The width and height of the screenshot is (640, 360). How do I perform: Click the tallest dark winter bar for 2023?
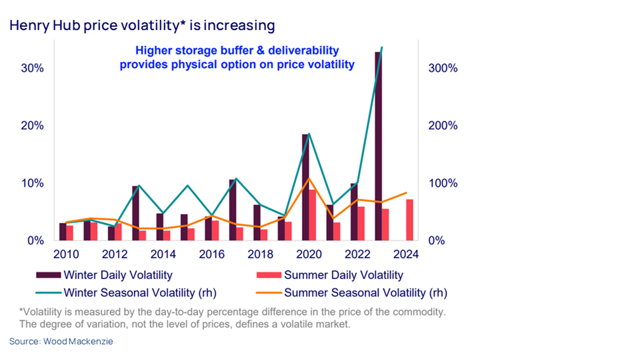click(x=378, y=146)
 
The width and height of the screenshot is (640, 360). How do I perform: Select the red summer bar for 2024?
click(x=410, y=220)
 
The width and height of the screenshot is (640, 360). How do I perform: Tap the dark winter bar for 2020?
click(x=305, y=187)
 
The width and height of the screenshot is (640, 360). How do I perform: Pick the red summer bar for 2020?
click(x=312, y=215)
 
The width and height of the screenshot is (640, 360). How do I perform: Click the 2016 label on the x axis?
click(x=212, y=254)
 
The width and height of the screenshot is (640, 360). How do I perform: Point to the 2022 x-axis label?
click(x=357, y=254)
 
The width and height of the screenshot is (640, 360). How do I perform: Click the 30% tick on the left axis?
click(x=32, y=68)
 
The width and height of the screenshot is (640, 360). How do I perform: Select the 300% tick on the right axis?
click(x=443, y=68)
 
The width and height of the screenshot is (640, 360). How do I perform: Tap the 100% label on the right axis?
click(x=443, y=183)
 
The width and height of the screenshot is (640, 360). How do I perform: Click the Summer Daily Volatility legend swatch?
click(x=269, y=275)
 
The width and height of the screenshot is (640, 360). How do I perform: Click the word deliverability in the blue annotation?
click(x=303, y=51)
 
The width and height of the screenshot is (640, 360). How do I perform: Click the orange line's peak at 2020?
click(x=309, y=178)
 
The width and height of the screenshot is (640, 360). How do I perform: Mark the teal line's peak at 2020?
click(x=309, y=134)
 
